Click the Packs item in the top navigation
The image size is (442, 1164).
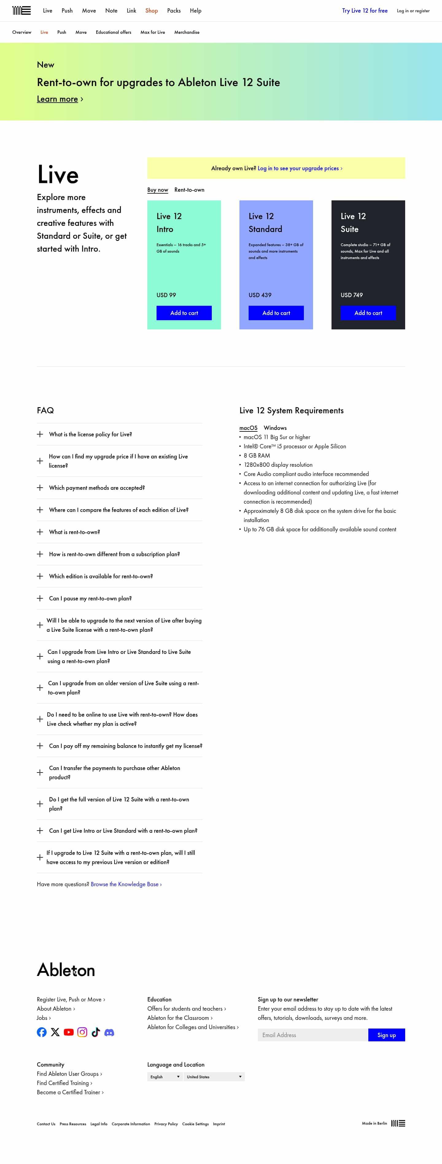point(173,10)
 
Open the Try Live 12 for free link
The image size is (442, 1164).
point(364,10)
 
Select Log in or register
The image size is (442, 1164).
point(413,11)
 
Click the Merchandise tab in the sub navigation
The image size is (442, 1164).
point(186,32)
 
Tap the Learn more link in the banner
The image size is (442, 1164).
point(57,99)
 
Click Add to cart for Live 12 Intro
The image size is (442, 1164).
point(184,313)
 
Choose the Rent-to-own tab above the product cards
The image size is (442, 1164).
point(189,190)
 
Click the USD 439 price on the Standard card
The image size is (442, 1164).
point(260,295)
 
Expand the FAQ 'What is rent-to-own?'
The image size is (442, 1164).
point(75,532)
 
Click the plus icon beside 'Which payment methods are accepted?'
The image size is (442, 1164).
point(40,488)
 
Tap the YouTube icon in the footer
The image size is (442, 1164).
point(69,1032)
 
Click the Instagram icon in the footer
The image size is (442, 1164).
point(82,1032)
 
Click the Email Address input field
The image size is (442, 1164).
point(312,1035)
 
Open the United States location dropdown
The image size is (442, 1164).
point(214,1077)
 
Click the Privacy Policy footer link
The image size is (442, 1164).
point(166,1124)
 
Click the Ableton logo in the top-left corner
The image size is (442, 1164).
point(21,10)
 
